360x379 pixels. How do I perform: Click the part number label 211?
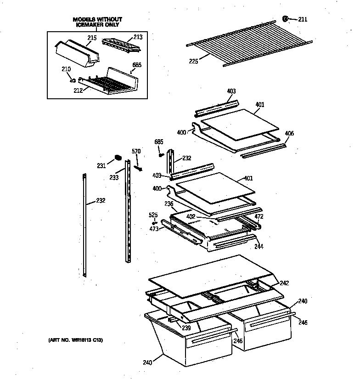(x=303, y=19)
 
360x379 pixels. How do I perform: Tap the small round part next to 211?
(x=285, y=19)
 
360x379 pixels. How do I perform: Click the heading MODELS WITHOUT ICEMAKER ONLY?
(x=97, y=22)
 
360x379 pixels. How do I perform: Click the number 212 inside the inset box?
(x=78, y=90)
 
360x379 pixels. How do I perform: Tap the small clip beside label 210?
(x=73, y=80)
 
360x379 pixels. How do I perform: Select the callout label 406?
(x=289, y=134)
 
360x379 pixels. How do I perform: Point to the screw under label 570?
(x=137, y=168)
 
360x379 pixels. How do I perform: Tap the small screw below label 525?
(x=154, y=223)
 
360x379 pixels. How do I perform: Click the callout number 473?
(x=153, y=228)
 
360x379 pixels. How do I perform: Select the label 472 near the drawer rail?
(x=259, y=216)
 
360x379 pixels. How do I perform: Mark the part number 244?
(x=259, y=247)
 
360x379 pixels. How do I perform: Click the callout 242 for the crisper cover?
(x=284, y=283)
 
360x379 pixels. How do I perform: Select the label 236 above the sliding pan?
(x=169, y=204)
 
